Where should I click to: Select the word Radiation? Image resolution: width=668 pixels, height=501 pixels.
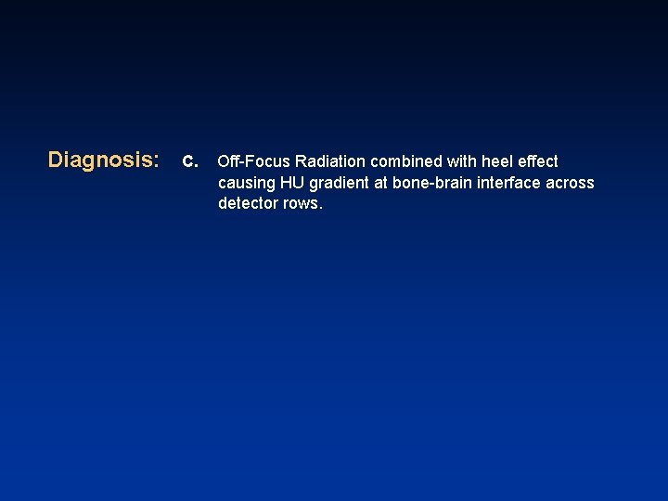tap(331, 161)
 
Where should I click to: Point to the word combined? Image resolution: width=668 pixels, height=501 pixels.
tap(406, 161)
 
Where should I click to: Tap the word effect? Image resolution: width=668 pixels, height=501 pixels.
tap(538, 161)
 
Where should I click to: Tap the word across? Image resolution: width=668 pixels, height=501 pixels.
tap(571, 183)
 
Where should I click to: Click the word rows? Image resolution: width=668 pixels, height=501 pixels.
tap(302, 204)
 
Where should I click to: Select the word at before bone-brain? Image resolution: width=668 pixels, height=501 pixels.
tap(381, 183)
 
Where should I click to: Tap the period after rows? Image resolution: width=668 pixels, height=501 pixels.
tap(321, 208)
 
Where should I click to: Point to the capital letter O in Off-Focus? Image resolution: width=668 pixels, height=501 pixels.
tap(224, 161)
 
